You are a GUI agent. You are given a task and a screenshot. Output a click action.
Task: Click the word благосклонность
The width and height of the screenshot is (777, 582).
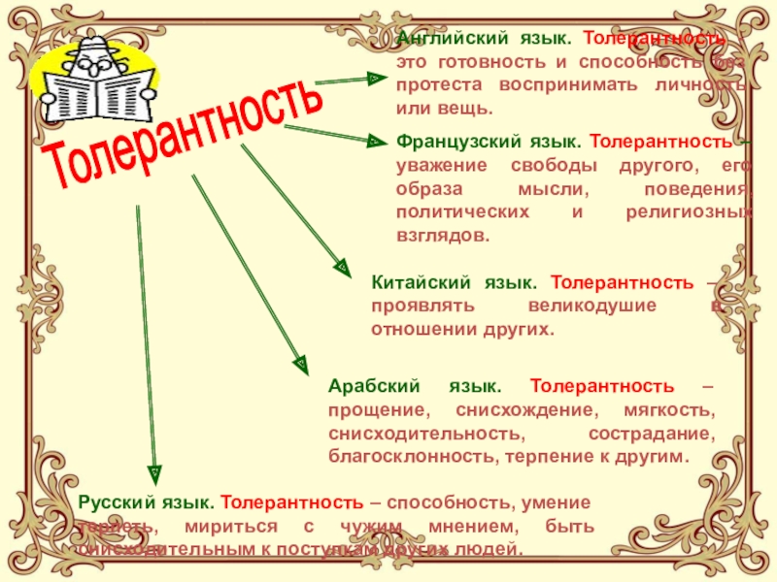tap(397, 456)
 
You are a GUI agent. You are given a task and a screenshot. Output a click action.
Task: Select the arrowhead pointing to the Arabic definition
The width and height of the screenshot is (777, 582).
tap(302, 364)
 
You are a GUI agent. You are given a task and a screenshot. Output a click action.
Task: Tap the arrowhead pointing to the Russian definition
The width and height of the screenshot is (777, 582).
tap(152, 471)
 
